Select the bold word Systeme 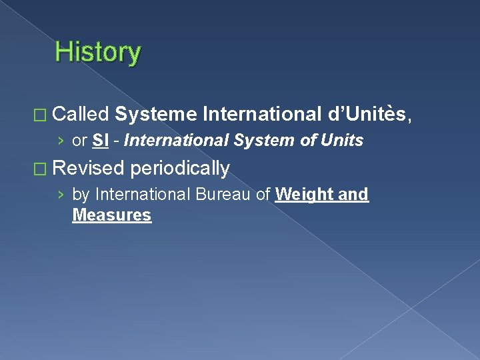tap(155, 115)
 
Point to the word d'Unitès tap(370, 115)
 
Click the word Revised tap(88, 168)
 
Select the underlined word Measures tap(111, 215)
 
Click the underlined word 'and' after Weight tap(354, 194)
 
